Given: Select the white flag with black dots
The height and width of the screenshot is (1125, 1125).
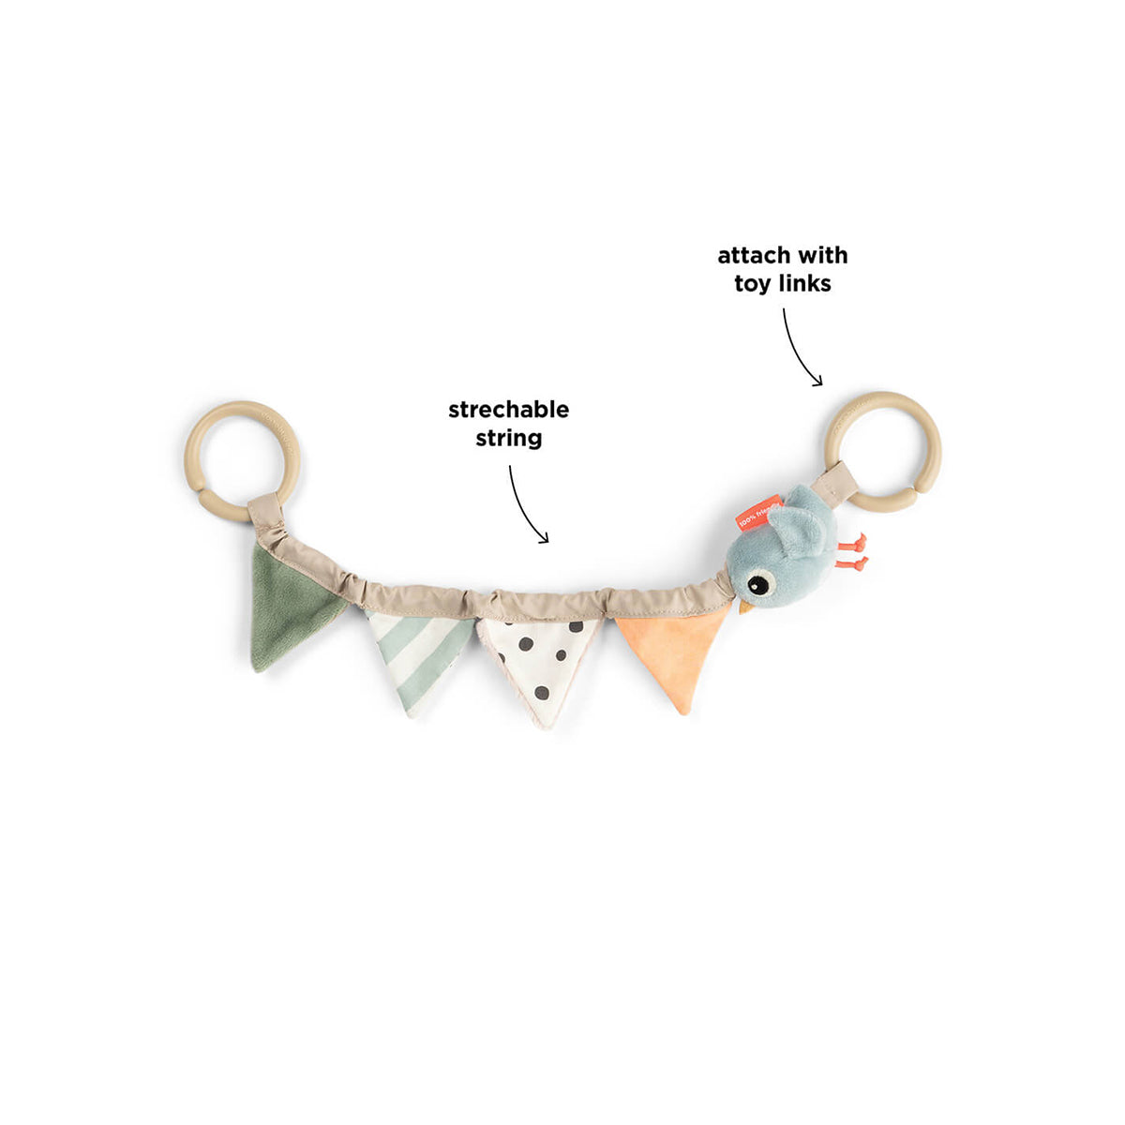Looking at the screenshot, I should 539,661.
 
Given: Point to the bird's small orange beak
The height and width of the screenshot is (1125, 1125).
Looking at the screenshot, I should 745,607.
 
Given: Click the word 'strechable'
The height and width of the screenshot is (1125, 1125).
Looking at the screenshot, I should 508,410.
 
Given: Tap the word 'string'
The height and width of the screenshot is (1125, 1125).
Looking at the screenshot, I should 508,438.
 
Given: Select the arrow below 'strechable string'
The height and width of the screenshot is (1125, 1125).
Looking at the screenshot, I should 525,506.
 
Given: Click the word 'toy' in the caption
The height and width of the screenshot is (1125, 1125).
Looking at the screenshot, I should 752,283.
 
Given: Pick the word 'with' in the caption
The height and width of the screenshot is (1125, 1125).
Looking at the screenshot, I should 822,255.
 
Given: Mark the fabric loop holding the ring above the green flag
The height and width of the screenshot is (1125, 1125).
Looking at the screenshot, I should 264,508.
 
